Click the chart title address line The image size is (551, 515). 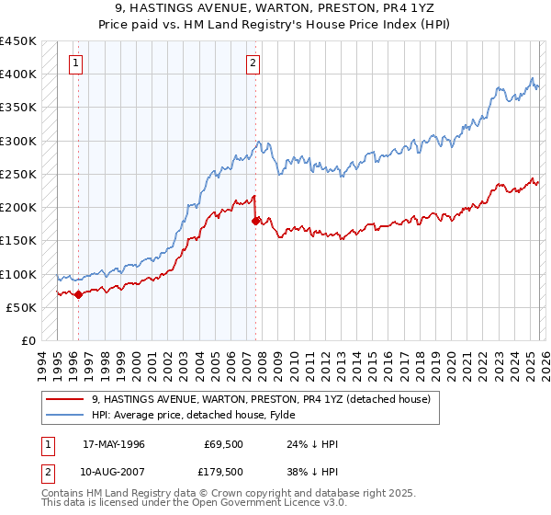[x=275, y=8]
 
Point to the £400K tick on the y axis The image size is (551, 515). [x=18, y=74]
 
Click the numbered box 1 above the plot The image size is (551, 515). [x=75, y=63]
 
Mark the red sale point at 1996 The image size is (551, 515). [x=78, y=295]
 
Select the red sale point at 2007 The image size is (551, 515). [x=256, y=221]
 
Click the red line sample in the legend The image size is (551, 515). [x=66, y=399]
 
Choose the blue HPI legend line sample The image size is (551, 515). [x=66, y=415]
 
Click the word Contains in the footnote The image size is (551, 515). [x=62, y=494]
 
